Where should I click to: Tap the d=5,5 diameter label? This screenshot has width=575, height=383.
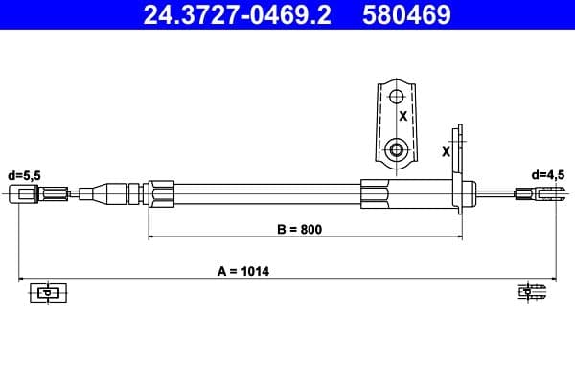pyautogui.click(x=25, y=175)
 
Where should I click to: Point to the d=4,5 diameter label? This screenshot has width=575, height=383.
pyautogui.click(x=549, y=175)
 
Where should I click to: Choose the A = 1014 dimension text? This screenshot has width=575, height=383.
pyautogui.click(x=243, y=271)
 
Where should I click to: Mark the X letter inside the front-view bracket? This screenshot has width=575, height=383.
pyautogui.click(x=403, y=117)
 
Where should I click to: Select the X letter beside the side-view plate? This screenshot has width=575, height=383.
pyautogui.click(x=446, y=150)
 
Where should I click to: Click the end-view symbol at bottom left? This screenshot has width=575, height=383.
pyautogui.click(x=44, y=292)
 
